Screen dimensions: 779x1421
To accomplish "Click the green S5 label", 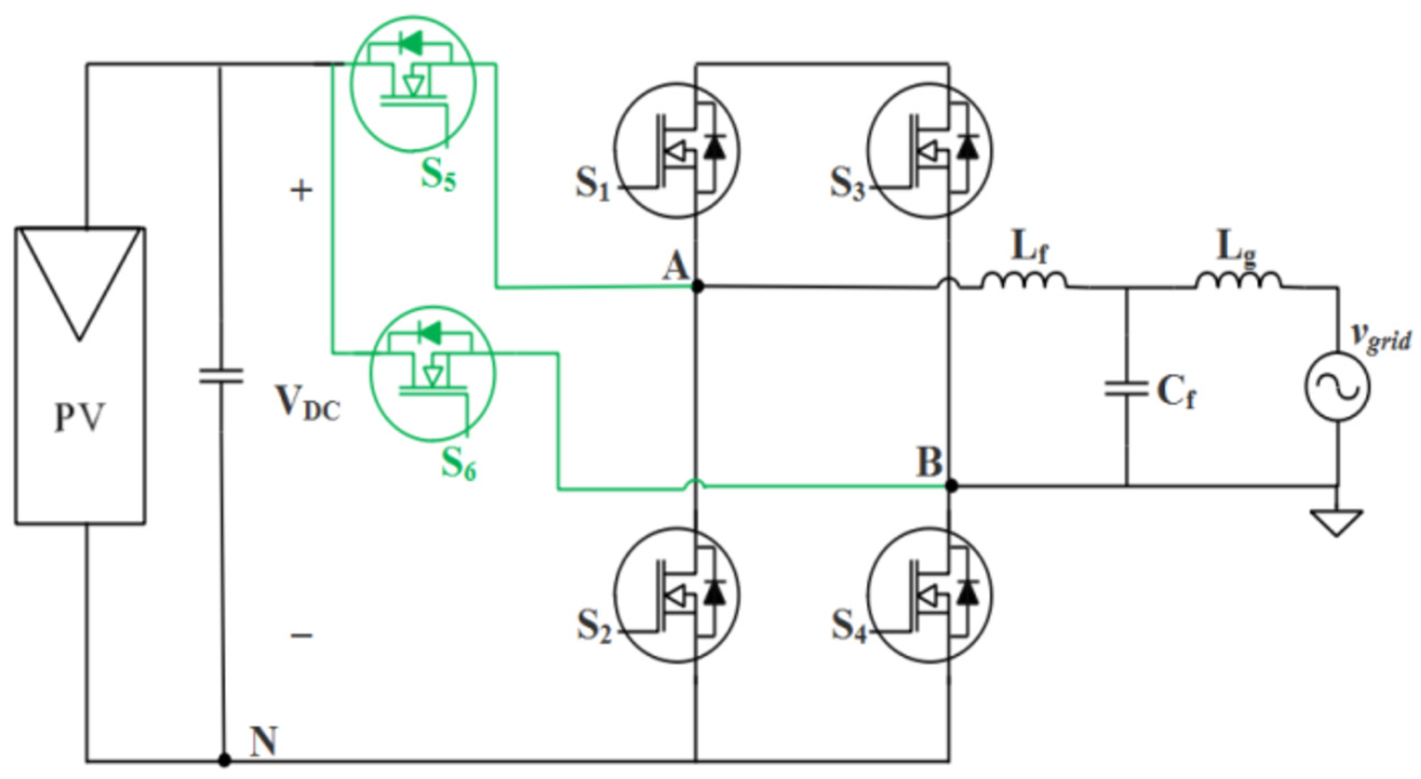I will pos(438,176).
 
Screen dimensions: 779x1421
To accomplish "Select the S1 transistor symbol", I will pos(677,151).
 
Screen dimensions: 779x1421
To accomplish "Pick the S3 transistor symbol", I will pos(929,151).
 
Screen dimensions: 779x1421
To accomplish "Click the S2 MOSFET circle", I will pos(677,596).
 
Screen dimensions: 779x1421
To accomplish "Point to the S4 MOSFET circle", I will pos(929,596).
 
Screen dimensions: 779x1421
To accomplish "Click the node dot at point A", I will pos(697,286).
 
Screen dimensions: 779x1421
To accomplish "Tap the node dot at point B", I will pos(951,486).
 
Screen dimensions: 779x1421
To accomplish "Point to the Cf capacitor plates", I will pos(1126,388).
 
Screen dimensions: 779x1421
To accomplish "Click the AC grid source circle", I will pos(1337,386).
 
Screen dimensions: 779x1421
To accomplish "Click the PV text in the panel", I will pos(79,418).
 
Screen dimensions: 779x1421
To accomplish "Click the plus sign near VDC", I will pos(301,191).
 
